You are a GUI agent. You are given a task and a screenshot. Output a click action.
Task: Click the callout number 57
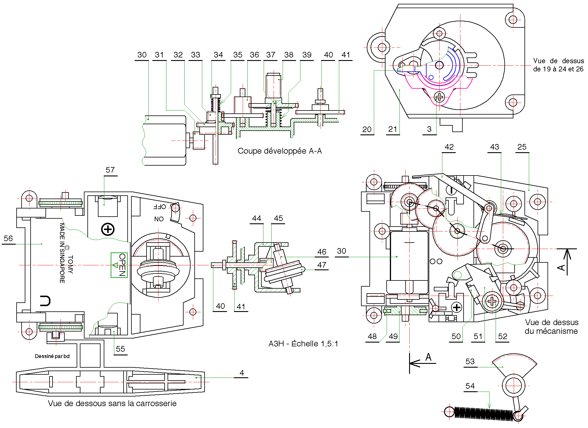point(110,170)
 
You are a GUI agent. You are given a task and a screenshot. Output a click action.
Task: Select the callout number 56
point(8,238)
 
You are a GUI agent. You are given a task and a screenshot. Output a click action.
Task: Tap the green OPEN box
point(119,265)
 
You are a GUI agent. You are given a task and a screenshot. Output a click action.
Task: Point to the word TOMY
point(70,264)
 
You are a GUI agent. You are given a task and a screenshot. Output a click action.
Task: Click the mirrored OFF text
point(160,207)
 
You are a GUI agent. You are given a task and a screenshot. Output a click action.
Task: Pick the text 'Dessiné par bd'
point(52,356)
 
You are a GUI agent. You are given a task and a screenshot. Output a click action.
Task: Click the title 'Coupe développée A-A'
point(279,151)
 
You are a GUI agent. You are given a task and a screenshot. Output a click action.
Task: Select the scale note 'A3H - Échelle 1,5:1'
point(303,344)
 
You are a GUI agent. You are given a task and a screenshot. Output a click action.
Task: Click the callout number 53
point(470,362)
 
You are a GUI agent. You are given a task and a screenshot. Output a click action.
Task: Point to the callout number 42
point(449,147)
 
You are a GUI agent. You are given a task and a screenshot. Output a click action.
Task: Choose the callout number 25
point(522,147)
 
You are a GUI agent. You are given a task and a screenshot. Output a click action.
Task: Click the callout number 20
point(367,129)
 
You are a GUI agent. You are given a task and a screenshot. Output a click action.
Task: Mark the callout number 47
point(322,265)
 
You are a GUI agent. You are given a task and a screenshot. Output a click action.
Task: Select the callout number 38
point(289,55)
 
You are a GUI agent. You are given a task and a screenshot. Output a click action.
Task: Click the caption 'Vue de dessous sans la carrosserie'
point(112,404)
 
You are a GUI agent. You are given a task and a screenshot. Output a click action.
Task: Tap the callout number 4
point(242,373)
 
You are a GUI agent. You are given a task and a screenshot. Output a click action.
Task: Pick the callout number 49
point(393,336)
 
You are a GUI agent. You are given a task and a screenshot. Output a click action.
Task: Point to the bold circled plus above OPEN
point(108,229)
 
